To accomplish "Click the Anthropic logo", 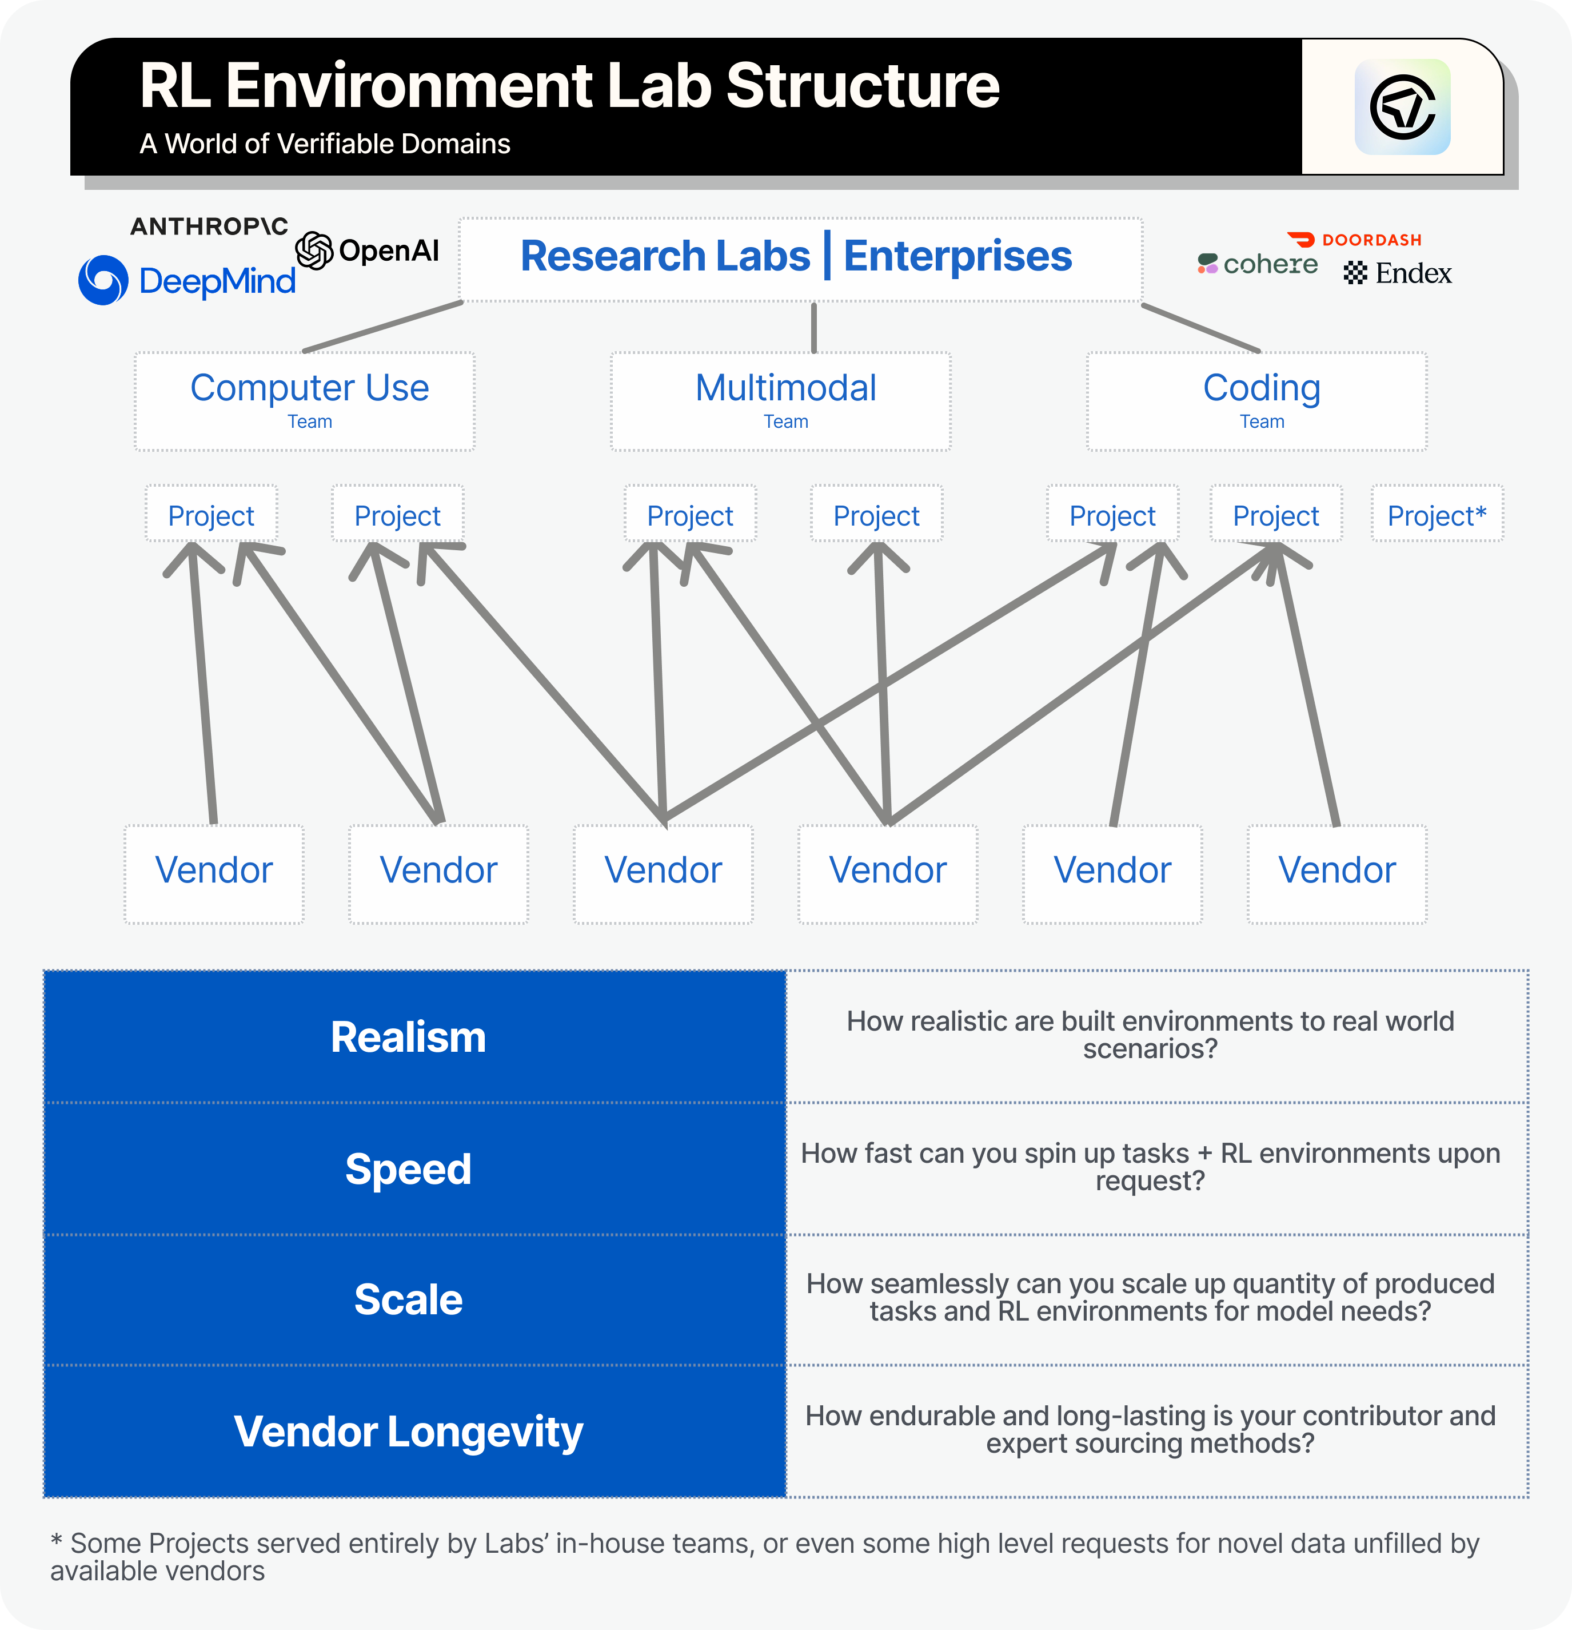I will (x=209, y=226).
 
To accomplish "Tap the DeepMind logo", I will (x=187, y=280).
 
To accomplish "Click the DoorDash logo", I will (x=1354, y=240).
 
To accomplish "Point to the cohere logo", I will (x=1257, y=264).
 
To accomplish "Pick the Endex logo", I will (x=1398, y=273).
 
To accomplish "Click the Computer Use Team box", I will (x=305, y=401).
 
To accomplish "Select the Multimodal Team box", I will (x=781, y=401).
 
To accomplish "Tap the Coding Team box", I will (x=1256, y=401).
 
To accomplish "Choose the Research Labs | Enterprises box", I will (x=800, y=259).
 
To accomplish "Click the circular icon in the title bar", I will (x=1402, y=108).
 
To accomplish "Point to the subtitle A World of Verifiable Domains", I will (x=325, y=144).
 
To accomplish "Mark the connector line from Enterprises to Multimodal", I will (x=814, y=328).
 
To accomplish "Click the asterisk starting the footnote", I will (x=57, y=1540).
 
